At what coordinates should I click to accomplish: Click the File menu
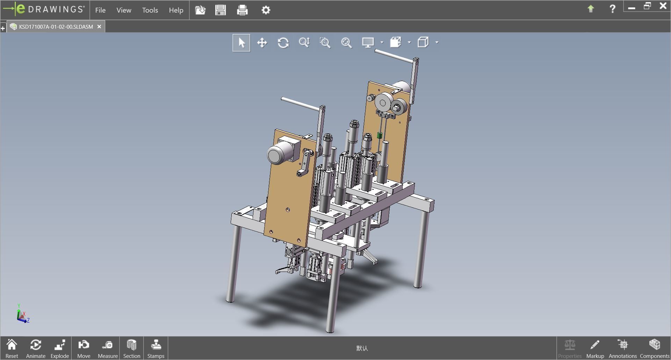click(x=100, y=10)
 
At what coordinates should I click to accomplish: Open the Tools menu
click(x=150, y=10)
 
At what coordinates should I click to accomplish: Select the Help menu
click(x=176, y=10)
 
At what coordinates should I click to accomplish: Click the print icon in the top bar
click(x=242, y=10)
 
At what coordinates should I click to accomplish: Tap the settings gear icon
click(x=266, y=10)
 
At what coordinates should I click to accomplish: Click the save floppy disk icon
click(x=221, y=10)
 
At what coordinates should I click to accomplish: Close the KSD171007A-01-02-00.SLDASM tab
click(x=99, y=27)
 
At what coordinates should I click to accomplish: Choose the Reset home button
click(x=12, y=348)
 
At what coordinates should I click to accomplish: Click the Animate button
click(x=36, y=348)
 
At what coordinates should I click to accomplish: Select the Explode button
click(x=60, y=348)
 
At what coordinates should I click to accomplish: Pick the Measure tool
click(x=108, y=348)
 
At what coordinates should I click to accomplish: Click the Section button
click(x=131, y=348)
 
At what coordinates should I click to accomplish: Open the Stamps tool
click(x=156, y=348)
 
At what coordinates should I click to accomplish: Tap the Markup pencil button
click(x=595, y=348)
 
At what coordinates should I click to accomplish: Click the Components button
click(x=654, y=348)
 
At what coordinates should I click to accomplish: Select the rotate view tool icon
click(x=283, y=43)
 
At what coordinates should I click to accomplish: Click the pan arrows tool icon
click(x=262, y=43)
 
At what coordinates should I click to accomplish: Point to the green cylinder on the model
click(x=380, y=135)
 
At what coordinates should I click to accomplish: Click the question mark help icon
click(x=612, y=9)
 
